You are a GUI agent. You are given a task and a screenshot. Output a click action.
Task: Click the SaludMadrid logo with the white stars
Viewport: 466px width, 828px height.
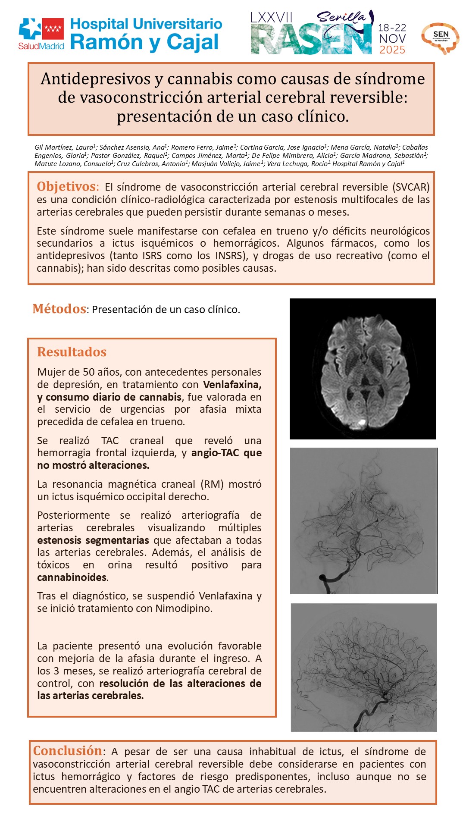(x=41, y=34)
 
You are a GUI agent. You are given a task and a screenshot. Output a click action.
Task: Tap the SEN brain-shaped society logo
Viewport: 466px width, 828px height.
(x=440, y=38)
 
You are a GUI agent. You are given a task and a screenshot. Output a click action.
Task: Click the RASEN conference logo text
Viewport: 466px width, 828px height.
(x=311, y=40)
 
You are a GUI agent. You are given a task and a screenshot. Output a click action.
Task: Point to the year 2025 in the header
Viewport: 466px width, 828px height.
(x=392, y=50)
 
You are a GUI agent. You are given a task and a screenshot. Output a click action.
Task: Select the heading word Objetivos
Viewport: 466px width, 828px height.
(x=67, y=187)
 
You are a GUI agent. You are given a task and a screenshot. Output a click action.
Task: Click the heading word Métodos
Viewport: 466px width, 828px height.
(x=59, y=309)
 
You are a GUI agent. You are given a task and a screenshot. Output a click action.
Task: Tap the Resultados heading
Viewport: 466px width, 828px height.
(x=72, y=352)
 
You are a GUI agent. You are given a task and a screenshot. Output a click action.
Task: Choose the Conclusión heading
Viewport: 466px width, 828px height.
(x=67, y=751)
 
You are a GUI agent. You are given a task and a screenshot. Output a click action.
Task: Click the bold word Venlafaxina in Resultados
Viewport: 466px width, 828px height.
(x=232, y=384)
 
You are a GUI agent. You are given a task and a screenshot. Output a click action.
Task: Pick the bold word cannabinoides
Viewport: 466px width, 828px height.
(x=72, y=577)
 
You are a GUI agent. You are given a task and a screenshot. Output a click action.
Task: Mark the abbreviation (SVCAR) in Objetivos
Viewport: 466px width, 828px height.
(x=411, y=187)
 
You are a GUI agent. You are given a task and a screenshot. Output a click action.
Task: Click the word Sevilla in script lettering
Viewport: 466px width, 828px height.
(x=341, y=17)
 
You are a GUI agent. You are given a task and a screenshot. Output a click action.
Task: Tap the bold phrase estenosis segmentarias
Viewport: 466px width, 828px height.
(x=93, y=540)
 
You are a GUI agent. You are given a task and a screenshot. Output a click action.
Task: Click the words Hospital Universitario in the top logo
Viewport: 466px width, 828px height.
(x=146, y=24)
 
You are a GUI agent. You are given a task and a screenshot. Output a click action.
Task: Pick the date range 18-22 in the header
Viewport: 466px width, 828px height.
(x=392, y=28)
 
